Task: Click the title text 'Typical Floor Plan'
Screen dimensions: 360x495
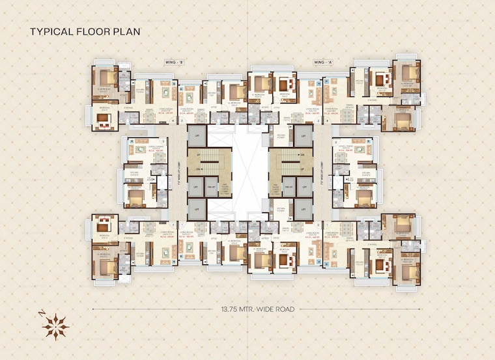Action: (84, 31)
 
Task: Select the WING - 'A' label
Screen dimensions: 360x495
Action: (322, 62)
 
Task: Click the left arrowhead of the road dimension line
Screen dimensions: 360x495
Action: (94, 308)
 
